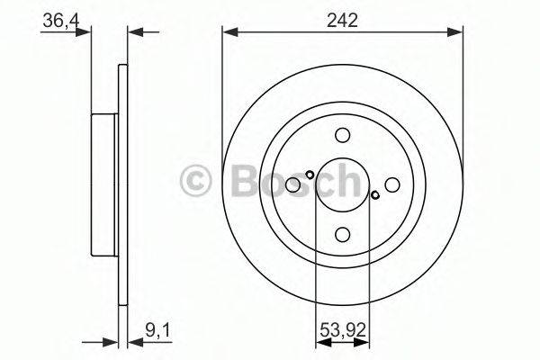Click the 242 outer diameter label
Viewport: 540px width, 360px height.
pos(342,20)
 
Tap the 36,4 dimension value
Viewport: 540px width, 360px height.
pos(56,20)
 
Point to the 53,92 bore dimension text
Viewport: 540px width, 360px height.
pos(343,330)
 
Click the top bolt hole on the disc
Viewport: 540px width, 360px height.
pos(342,136)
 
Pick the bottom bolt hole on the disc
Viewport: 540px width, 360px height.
pos(342,234)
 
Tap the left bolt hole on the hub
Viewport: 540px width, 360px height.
pos(293,184)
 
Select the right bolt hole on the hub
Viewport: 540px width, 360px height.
pos(391,184)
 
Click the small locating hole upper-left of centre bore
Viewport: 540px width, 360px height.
pos(309,175)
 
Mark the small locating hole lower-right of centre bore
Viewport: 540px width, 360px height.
pos(375,194)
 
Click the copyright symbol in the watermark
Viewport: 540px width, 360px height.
pos(197,181)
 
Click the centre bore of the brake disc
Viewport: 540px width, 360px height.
pos(342,184)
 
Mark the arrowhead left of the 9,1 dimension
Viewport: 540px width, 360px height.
pos(112,342)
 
